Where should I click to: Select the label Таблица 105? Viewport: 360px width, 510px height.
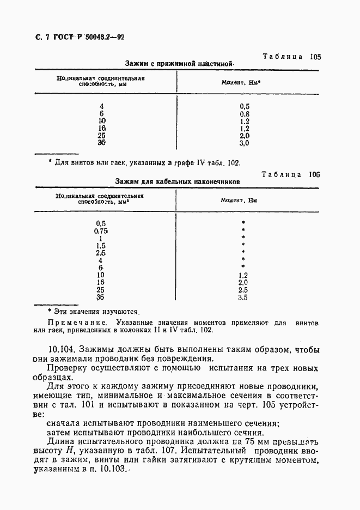[291, 57]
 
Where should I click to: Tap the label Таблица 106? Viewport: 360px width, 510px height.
[290, 174]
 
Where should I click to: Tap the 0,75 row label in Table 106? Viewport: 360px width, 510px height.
[101, 230]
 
